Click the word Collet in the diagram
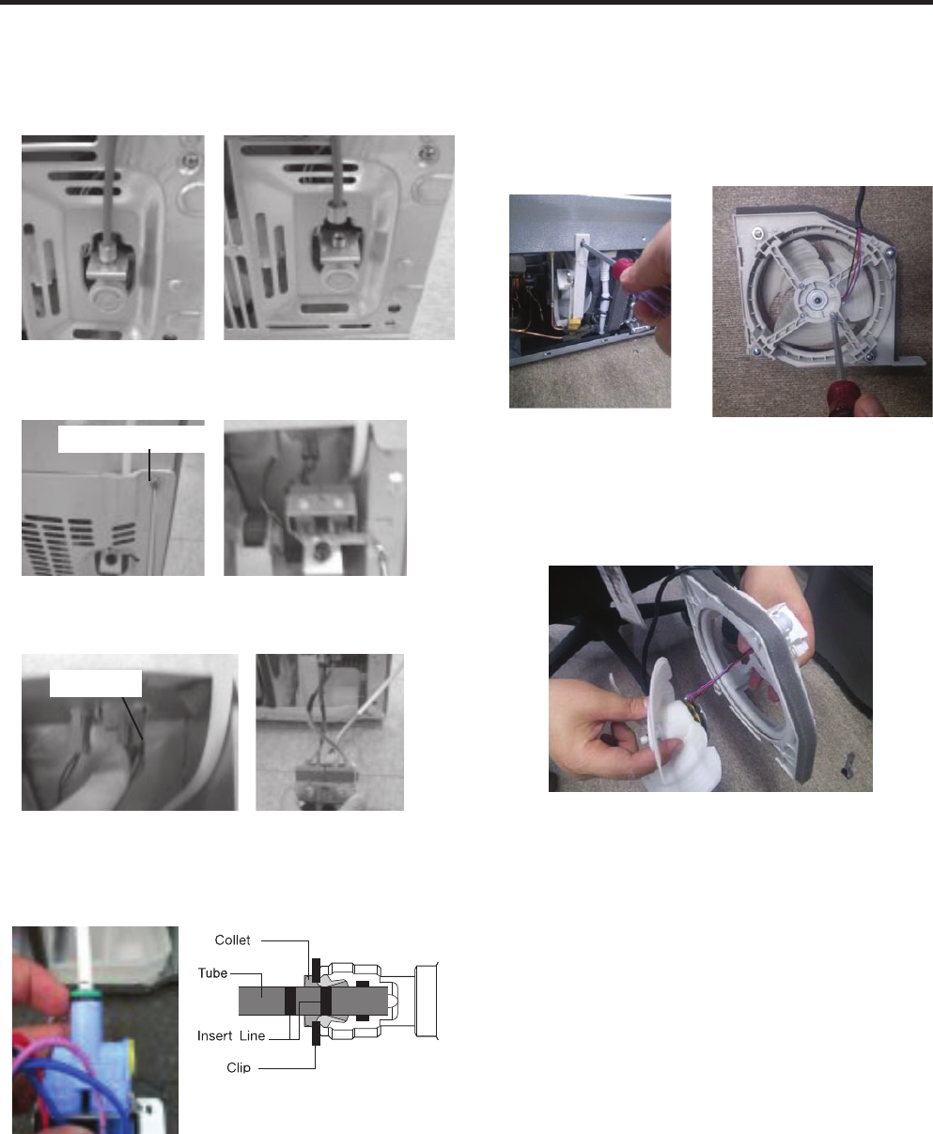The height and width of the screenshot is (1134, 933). point(232,940)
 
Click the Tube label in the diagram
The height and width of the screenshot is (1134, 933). point(212,972)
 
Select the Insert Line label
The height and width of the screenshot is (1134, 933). point(231,1035)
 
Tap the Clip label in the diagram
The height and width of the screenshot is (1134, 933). point(239,1067)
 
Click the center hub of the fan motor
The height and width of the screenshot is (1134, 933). point(817,300)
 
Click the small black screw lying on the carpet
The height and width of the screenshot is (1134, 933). point(848,764)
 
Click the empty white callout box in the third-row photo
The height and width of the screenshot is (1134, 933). point(96,683)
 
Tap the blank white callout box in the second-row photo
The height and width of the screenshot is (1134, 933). point(131,440)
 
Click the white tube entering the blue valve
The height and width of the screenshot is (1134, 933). point(83,957)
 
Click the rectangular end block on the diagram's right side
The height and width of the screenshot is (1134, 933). point(427,1001)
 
